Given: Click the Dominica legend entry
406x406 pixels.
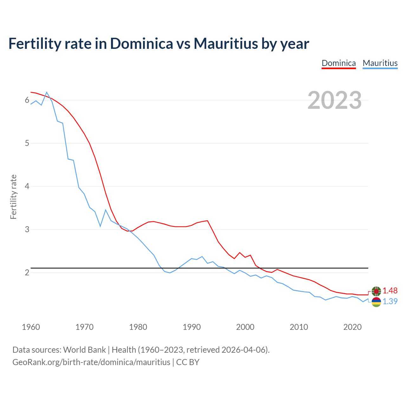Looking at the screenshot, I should (x=338, y=63).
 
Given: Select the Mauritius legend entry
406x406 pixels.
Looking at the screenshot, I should (x=380, y=63).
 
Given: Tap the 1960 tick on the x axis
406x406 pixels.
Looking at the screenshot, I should (x=31, y=327).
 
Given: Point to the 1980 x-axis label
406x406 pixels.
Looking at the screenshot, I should (x=138, y=327).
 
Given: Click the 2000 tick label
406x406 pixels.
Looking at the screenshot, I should (x=245, y=327).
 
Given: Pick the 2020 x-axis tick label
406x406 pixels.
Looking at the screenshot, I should (x=352, y=327).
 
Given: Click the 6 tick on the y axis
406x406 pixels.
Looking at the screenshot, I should (x=27, y=100).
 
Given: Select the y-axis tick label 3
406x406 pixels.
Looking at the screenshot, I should (x=27, y=229).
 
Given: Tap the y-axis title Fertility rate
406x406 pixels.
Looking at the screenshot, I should (x=13, y=197).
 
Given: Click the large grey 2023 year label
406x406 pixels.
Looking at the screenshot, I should (x=335, y=100).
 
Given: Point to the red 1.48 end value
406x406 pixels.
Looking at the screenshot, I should (x=390, y=291).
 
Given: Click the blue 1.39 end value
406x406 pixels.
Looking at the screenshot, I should (x=390, y=301).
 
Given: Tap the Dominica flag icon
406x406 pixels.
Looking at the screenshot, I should (x=376, y=291).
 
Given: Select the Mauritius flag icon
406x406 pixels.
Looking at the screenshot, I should (x=376, y=302).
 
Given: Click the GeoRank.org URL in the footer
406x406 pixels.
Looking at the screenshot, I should (x=91, y=362).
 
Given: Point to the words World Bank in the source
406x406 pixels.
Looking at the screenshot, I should (x=84, y=350).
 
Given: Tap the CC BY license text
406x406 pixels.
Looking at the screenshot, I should (x=188, y=362).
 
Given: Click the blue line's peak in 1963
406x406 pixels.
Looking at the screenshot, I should (x=47, y=92).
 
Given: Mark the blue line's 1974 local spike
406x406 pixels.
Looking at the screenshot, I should (x=106, y=210).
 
